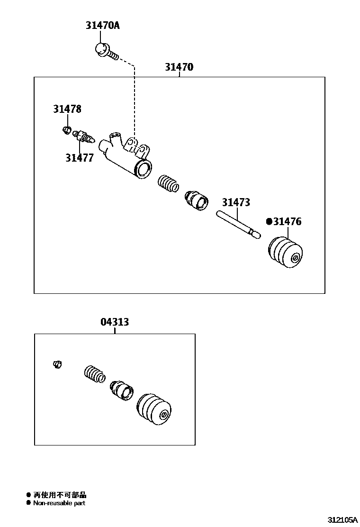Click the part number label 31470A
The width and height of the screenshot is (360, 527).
102,26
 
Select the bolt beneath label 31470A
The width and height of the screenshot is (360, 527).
104,51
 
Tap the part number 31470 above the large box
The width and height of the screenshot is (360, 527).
179,67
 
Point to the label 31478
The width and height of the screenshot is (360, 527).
67,109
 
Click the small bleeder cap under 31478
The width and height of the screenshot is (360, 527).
67,130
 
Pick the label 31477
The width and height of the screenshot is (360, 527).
80,158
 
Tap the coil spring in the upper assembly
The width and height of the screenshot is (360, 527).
168,183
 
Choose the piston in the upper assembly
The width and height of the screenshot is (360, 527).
196,200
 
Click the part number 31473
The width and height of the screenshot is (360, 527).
236,202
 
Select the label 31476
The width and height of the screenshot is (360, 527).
287,221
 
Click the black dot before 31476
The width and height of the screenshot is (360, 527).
269,221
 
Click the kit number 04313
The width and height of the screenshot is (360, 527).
115,322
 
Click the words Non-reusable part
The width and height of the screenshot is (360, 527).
59,503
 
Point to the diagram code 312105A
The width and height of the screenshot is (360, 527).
343,519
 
